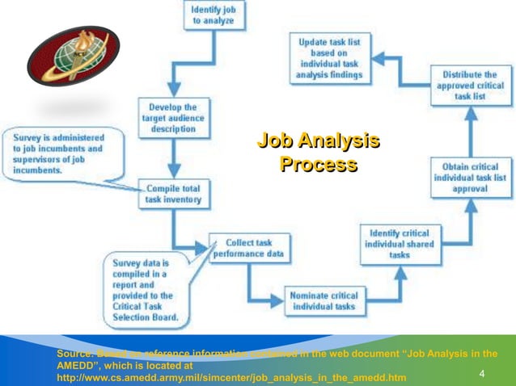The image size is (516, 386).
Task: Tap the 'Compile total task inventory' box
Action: click(172, 194)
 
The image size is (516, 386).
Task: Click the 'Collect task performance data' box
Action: click(247, 249)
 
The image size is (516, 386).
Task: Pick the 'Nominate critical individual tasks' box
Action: click(321, 300)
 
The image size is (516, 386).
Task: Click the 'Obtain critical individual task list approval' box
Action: click(472, 177)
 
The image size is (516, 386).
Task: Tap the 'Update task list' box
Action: click(330, 58)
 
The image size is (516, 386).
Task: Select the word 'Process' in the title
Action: click(318, 165)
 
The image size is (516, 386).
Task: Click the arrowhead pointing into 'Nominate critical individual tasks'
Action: click(280, 300)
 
